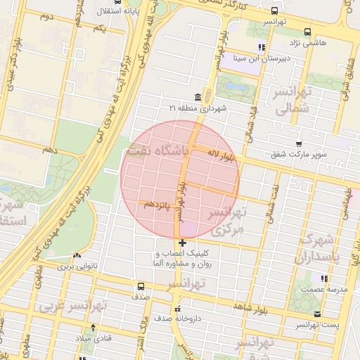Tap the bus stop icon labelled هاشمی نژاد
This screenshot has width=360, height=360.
pyautogui.click(x=307, y=32)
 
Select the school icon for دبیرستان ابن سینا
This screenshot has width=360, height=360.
pyautogui.click(x=262, y=48)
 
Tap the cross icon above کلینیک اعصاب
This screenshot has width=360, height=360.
pyautogui.click(x=183, y=243)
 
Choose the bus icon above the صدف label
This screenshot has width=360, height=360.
pyautogui.click(x=141, y=286)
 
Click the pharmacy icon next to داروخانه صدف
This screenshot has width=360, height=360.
pyautogui.click(x=177, y=308)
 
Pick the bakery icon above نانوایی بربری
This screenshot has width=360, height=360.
pyautogui.click(x=76, y=256)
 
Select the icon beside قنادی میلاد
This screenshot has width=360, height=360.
pyautogui.click(x=93, y=328)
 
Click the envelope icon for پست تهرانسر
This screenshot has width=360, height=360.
pyautogui.click(x=317, y=314)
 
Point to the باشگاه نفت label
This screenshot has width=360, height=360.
pyautogui.click(x=157, y=150)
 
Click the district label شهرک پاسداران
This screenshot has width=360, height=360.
pyautogui.click(x=322, y=249)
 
